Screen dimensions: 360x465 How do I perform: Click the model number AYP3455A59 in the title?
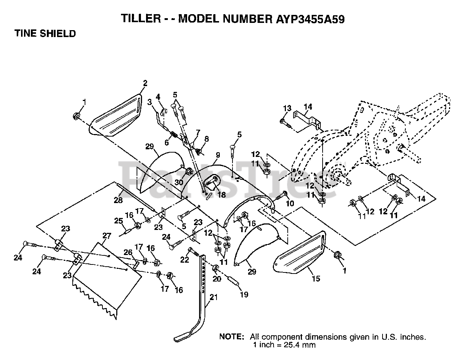308,19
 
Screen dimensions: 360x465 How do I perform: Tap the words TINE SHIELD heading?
45,34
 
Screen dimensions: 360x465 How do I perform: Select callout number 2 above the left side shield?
145,83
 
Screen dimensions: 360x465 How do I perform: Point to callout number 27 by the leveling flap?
106,236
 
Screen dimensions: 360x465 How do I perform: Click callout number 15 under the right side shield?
316,279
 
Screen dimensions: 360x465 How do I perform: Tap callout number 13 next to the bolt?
287,108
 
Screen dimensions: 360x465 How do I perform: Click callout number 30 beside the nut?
178,182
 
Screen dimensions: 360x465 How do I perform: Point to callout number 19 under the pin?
244,294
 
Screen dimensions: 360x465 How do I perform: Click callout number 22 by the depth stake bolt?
185,259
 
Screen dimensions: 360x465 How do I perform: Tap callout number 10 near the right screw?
290,203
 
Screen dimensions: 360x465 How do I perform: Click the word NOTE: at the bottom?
231,337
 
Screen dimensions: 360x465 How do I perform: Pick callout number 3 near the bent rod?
150,102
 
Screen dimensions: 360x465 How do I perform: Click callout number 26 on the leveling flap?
128,252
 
